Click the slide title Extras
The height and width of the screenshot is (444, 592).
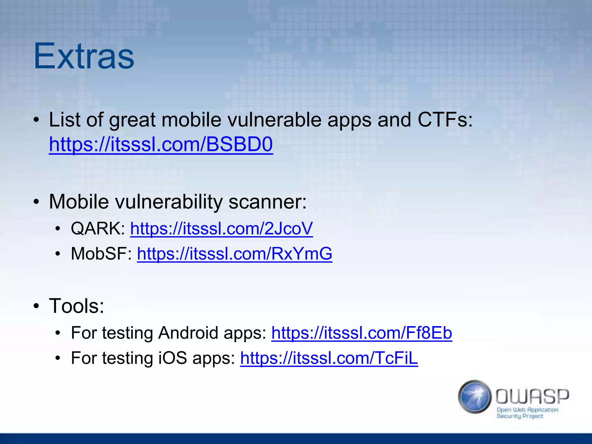coord(84,56)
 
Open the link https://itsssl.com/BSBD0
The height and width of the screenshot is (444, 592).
coord(161,144)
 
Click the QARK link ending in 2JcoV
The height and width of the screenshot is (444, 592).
coord(221,229)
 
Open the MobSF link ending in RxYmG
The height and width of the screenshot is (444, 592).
coord(234,254)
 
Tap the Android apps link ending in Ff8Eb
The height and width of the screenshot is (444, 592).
coord(362,333)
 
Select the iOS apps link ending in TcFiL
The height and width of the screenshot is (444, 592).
coord(329,358)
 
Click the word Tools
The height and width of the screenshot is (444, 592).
coord(76,306)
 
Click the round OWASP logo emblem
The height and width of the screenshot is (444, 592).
coord(475,397)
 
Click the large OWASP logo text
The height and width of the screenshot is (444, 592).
coord(532,397)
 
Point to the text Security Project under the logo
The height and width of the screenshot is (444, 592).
coord(520,416)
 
